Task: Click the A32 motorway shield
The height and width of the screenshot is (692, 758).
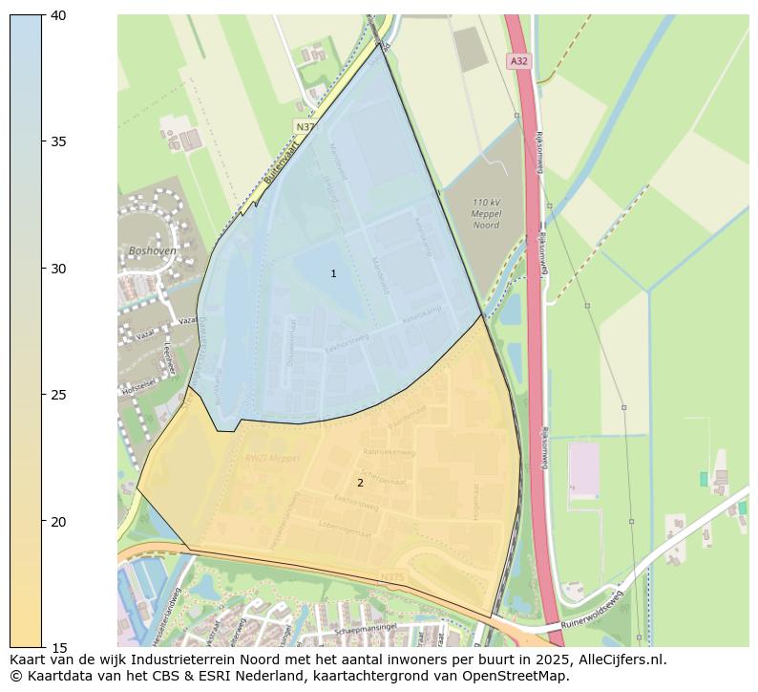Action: coord(518,61)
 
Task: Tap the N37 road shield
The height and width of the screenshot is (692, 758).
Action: coord(305,126)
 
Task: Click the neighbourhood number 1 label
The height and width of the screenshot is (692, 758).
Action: coord(333,274)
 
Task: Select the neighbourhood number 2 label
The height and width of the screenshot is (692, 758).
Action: coord(360,483)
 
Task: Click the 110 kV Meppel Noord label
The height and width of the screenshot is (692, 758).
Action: coord(487,213)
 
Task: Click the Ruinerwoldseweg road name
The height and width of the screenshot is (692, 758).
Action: coord(593,609)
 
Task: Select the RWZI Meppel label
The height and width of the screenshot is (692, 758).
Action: coord(272,459)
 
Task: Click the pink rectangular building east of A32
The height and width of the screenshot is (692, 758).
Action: coord(582,468)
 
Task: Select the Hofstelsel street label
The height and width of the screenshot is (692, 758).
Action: coord(138,389)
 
